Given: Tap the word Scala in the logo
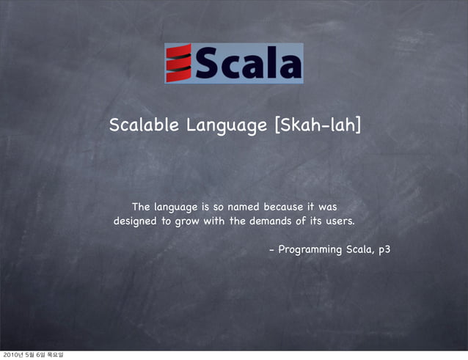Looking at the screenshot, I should click(247, 65).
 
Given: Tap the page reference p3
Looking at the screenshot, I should click(384, 251).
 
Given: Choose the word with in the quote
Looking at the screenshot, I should click(216, 221).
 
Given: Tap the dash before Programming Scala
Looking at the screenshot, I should click(272, 250).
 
